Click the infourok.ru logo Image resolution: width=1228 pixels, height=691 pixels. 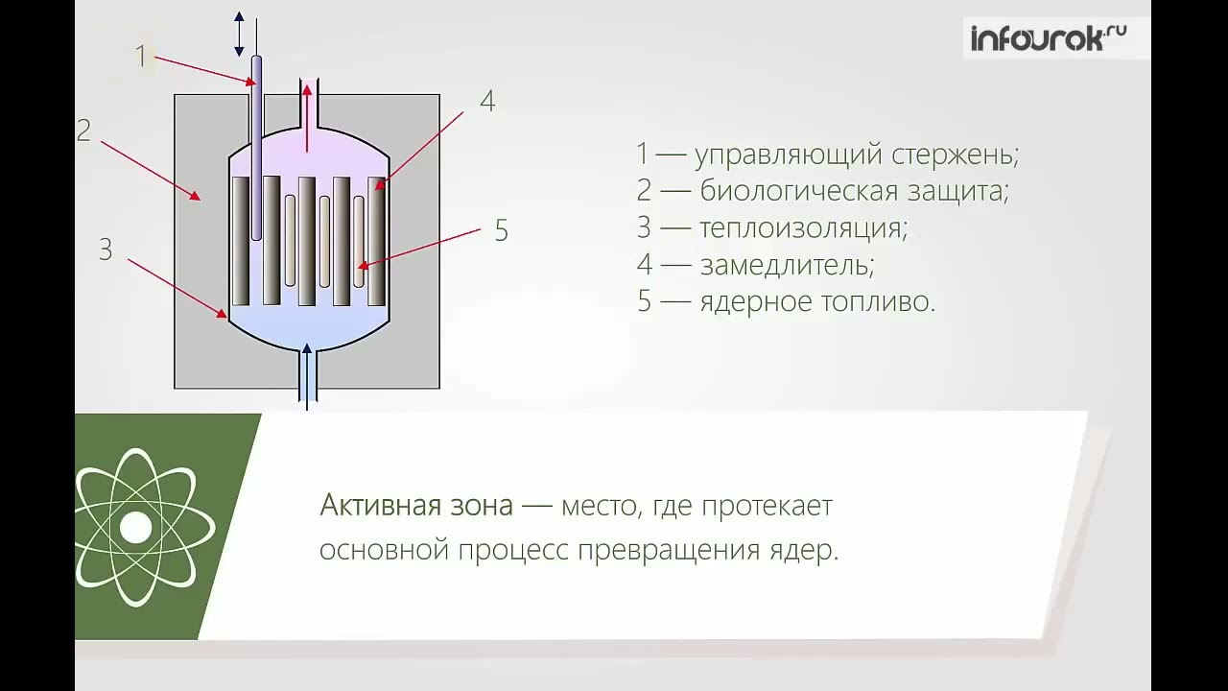(1048, 38)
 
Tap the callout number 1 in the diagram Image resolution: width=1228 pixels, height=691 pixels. (140, 57)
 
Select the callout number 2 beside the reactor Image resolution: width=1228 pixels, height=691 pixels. (83, 131)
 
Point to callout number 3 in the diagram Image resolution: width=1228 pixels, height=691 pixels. (106, 250)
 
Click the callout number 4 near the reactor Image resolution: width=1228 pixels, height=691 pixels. (487, 102)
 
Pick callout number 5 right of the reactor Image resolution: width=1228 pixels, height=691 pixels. (501, 231)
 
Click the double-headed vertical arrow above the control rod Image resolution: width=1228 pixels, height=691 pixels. (240, 34)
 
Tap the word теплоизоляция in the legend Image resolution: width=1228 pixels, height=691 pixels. (803, 228)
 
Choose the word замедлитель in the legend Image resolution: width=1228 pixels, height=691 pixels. (787, 265)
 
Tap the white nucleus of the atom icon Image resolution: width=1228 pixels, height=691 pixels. (135, 527)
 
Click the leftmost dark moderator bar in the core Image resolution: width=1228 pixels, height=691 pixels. (240, 240)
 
